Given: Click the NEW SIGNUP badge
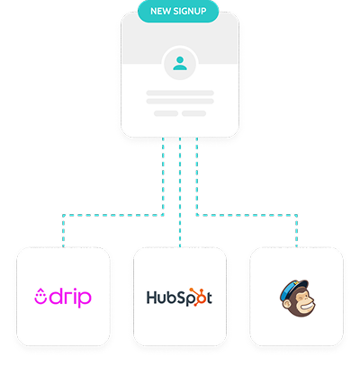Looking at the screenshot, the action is click(x=178, y=11).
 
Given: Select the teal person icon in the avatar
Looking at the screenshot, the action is click(x=180, y=63).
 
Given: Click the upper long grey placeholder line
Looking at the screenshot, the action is click(x=180, y=93).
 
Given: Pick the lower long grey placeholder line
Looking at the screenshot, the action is click(x=180, y=102).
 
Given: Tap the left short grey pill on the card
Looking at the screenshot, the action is click(x=166, y=113).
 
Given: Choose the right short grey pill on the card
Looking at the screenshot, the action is click(x=193, y=113).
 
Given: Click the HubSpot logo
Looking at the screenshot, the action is click(x=179, y=298).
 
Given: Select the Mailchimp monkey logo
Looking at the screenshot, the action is click(x=297, y=299).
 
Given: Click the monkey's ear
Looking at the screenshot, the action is click(x=287, y=305).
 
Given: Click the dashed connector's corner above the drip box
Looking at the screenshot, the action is click(x=63, y=215).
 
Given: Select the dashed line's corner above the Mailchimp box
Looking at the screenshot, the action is click(x=296, y=215).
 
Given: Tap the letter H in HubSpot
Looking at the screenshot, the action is click(x=151, y=298).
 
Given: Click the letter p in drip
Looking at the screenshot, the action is click(x=85, y=299).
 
